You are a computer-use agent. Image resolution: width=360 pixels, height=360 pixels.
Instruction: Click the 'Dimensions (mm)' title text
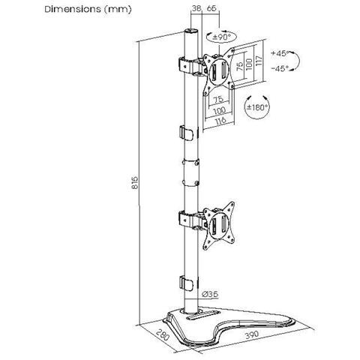point(88,10)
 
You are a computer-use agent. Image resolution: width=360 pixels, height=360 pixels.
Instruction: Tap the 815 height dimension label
point(135,183)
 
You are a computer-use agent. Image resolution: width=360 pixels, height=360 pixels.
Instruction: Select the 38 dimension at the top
point(196,8)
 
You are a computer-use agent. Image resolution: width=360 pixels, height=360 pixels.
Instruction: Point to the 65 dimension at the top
point(211,8)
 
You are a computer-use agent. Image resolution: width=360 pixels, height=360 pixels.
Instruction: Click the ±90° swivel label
point(221,37)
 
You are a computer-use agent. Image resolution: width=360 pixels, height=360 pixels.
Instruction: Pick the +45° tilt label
point(280,53)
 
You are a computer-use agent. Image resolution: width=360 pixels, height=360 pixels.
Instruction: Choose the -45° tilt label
point(280,68)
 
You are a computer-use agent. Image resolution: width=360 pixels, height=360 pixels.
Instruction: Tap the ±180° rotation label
point(258,107)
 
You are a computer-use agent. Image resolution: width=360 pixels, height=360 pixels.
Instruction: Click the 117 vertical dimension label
point(259,61)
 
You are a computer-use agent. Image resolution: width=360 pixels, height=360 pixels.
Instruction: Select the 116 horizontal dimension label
point(220,120)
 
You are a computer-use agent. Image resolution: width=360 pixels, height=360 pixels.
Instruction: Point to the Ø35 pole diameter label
point(210,294)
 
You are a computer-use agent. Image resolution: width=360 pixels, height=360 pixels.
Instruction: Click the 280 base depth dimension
point(163,335)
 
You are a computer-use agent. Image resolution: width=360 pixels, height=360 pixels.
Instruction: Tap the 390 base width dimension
point(252,334)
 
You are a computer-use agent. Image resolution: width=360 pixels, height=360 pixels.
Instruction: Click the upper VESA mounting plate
point(219,71)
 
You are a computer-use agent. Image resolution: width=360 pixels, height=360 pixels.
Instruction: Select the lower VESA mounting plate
point(219,226)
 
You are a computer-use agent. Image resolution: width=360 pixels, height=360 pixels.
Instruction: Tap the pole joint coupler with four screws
point(190,172)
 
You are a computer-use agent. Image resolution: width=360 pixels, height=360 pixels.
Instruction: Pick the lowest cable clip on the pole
point(187,283)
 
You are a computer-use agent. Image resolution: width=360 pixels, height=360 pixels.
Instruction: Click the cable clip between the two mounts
point(187,132)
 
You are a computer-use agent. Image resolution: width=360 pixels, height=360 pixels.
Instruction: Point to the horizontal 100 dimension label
point(220,109)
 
